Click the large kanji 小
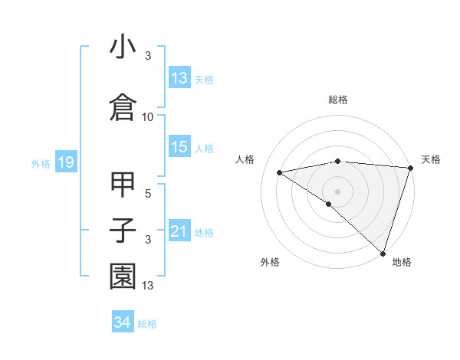click(x=123, y=47)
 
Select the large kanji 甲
click(x=123, y=185)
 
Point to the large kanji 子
click(x=123, y=231)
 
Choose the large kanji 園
click(x=123, y=277)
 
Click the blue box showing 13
click(x=179, y=77)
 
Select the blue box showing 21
click(x=179, y=231)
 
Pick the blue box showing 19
click(x=64, y=162)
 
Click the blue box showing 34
click(x=122, y=322)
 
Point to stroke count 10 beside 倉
click(x=148, y=117)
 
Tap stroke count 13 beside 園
click(x=148, y=286)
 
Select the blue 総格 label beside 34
click(x=147, y=324)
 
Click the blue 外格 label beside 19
click(x=41, y=163)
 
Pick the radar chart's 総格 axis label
click(x=338, y=100)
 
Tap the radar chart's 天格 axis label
click(x=431, y=159)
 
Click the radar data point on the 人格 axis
click(x=280, y=172)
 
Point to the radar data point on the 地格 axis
click(x=382, y=252)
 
